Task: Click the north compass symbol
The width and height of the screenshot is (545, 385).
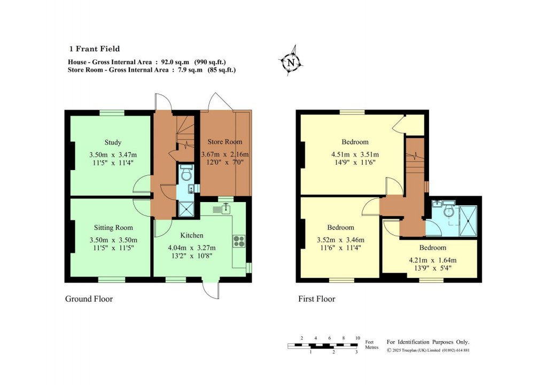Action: coord(291,63)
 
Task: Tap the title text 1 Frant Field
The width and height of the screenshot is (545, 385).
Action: coord(94,49)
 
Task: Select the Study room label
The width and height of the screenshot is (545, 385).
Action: coord(113,142)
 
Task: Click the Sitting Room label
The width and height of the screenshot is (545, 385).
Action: coord(113,228)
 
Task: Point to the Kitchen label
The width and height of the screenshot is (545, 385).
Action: coord(191,235)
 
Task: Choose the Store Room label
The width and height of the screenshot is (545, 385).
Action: coord(224,142)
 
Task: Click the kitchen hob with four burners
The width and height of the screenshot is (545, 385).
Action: coord(238,241)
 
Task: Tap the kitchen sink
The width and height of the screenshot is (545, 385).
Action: coord(222,209)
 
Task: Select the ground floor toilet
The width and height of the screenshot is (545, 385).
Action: coord(186,173)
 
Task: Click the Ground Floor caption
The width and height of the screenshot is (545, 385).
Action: coord(89,299)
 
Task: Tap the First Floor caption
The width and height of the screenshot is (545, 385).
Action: coord(316,299)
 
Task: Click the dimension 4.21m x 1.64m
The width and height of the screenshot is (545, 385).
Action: coord(432,260)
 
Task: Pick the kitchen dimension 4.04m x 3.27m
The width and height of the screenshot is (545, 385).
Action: coord(191,248)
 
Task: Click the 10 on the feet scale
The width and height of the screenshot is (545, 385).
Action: coord(357,338)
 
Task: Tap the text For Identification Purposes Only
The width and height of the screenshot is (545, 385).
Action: coord(428,342)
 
